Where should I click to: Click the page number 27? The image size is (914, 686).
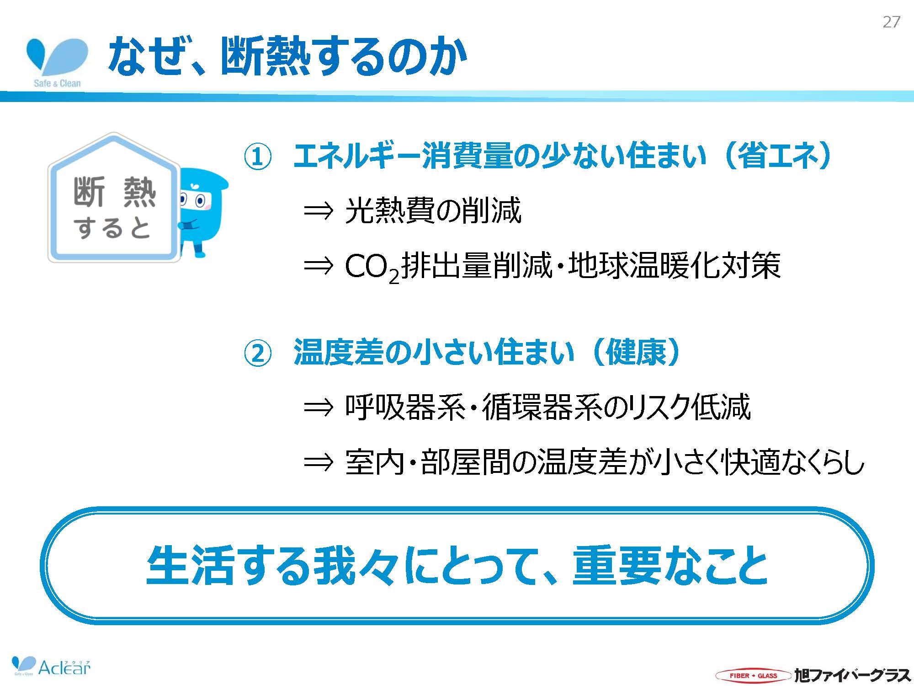pyautogui.click(x=891, y=22)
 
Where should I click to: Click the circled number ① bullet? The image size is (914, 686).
pyautogui.click(x=258, y=157)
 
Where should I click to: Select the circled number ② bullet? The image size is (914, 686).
pyautogui.click(x=258, y=353)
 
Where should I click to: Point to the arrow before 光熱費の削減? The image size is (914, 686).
pyautogui.click(x=319, y=211)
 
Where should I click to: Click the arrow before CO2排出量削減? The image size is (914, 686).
pyautogui.click(x=319, y=266)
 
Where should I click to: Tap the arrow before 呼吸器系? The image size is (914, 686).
pyautogui.click(x=319, y=407)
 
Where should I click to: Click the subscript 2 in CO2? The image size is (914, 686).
pyautogui.click(x=394, y=276)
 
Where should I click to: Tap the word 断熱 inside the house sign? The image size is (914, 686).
pyautogui.click(x=114, y=193)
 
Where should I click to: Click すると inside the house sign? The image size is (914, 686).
pyautogui.click(x=112, y=227)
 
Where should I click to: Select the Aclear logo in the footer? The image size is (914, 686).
pyautogui.click(x=51, y=666)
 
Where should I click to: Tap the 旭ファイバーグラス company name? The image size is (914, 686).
pyautogui.click(x=852, y=675)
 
